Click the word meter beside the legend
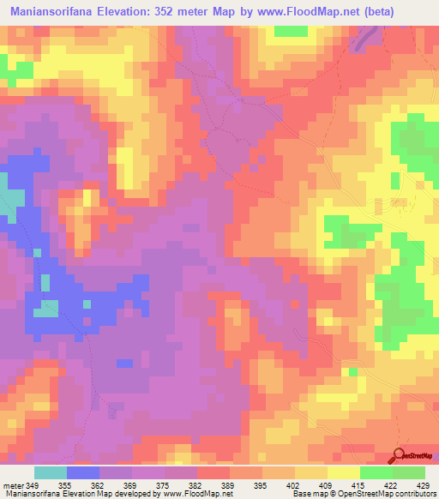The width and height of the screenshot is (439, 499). pyautogui.click(x=13, y=484)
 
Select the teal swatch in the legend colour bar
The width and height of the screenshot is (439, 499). pyautogui.click(x=51, y=472)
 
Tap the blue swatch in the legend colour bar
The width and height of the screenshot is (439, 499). pyautogui.click(x=83, y=472)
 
